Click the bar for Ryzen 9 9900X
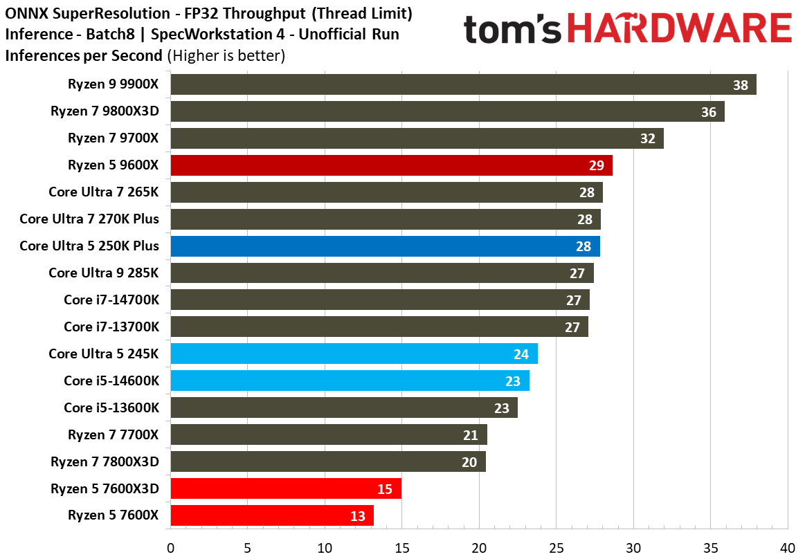(462, 84)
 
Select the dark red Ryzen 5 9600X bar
(391, 165)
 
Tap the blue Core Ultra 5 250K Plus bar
(385, 246)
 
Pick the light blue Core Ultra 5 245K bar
(354, 354)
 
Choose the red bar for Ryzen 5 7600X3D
(285, 488)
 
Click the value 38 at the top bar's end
(741, 85)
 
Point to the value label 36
(708, 111)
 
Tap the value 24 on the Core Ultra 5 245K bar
(521, 354)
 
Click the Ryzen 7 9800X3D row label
(105, 111)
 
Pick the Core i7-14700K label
(111, 300)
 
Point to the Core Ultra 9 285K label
(104, 273)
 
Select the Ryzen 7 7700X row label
(114, 434)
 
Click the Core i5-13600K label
(111, 407)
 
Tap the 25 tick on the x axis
(556, 548)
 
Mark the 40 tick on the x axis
(788, 548)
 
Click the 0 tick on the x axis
(170, 548)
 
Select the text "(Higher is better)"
(226, 56)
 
